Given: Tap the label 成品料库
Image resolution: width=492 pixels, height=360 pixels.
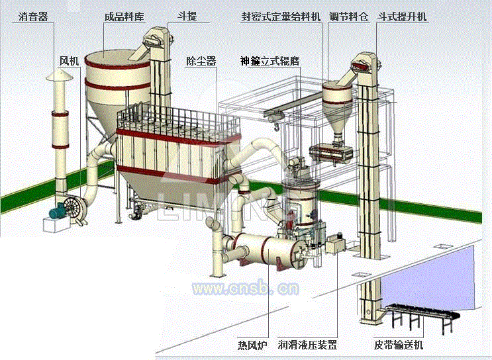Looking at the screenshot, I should pyautogui.click(x=124, y=15).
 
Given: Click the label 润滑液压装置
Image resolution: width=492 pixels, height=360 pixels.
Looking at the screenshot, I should pyautogui.click(x=307, y=345).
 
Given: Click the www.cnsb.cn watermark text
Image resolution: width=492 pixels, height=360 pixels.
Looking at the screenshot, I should pyautogui.click(x=245, y=289).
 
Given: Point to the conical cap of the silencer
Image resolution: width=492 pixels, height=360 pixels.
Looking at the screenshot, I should pyautogui.click(x=58, y=77).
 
